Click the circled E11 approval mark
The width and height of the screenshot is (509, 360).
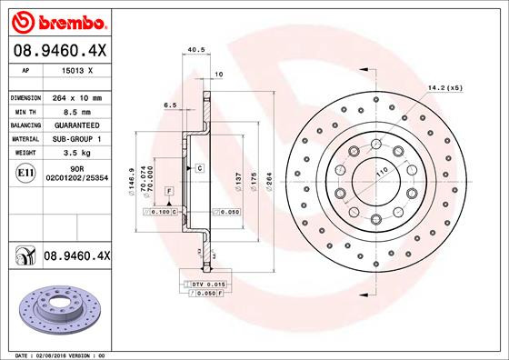pos(25,172)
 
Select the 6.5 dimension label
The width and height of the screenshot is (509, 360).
pos(170,105)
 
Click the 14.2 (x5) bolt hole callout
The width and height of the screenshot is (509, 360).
pos(445,88)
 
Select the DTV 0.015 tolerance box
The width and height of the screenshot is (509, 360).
pos(200,285)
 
